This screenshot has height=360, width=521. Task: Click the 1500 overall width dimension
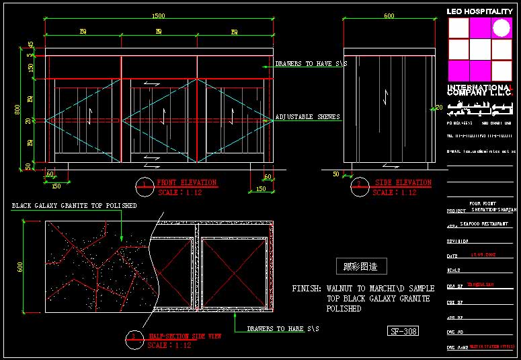click(159, 16)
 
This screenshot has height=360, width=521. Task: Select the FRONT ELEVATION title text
click(186, 182)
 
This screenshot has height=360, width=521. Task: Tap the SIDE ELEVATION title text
click(403, 182)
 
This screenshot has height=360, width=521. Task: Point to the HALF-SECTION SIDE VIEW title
click(185, 335)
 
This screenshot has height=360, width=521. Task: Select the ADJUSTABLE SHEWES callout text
click(307, 117)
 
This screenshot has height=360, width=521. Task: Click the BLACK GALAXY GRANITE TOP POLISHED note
click(74, 205)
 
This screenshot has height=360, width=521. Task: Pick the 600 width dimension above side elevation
click(389, 16)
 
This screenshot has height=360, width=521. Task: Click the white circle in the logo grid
click(502, 28)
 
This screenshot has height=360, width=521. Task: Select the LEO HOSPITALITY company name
click(480, 11)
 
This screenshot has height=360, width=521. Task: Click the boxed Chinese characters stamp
click(361, 266)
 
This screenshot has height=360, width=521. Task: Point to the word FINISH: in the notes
click(306, 289)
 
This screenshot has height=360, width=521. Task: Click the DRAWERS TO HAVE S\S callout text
click(311, 64)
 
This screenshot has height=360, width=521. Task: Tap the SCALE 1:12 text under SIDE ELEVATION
click(394, 192)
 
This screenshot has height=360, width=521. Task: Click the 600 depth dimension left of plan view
click(20, 267)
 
